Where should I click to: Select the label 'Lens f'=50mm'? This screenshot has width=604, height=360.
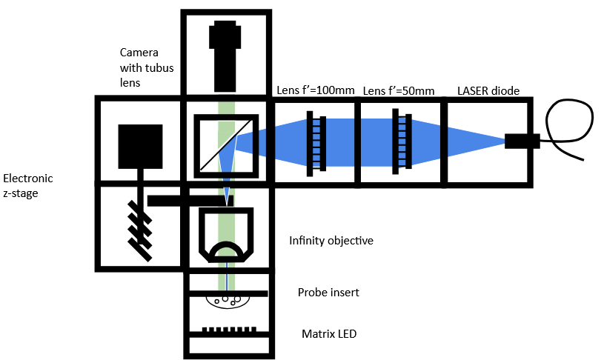398,90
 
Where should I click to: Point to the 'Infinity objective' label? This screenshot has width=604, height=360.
331,241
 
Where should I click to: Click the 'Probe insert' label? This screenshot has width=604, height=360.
328,293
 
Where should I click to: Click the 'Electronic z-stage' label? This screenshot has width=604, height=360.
28,186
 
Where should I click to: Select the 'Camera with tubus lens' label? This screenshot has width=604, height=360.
140,67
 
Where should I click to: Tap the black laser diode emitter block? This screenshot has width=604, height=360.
521,141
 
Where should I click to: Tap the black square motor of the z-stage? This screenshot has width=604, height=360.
140,146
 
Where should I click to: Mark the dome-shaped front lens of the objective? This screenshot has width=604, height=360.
225,252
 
